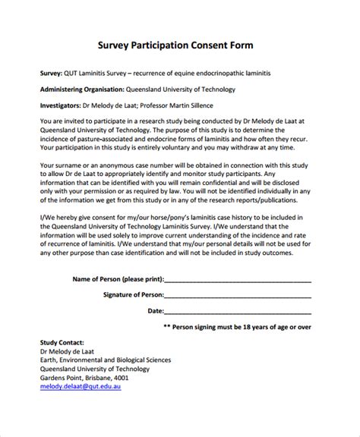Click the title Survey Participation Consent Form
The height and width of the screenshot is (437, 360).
[180, 45]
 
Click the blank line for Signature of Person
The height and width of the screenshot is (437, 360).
[237, 296]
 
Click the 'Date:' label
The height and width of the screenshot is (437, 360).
[155, 310]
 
